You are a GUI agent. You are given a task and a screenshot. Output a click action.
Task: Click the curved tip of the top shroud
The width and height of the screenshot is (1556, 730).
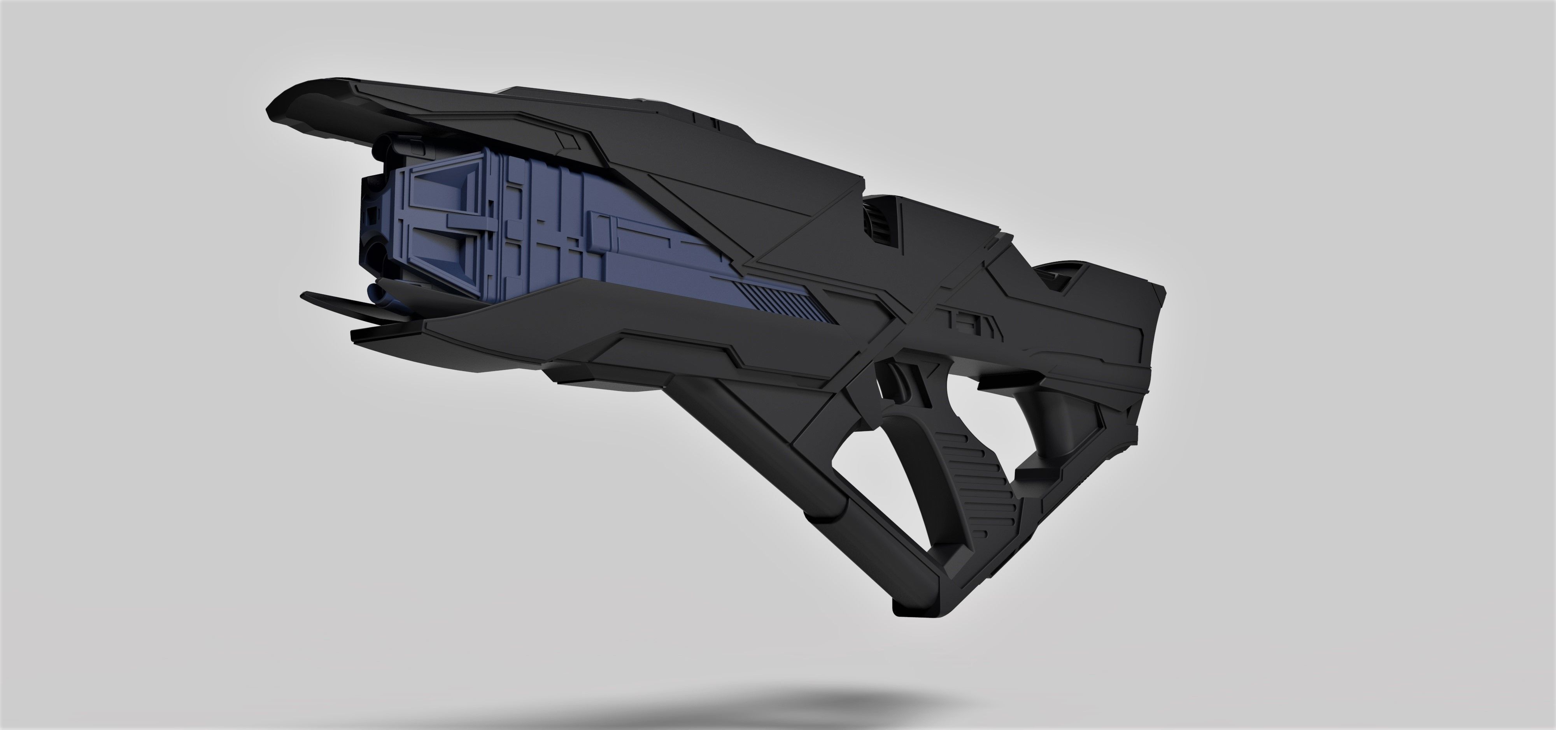click(284, 109)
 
